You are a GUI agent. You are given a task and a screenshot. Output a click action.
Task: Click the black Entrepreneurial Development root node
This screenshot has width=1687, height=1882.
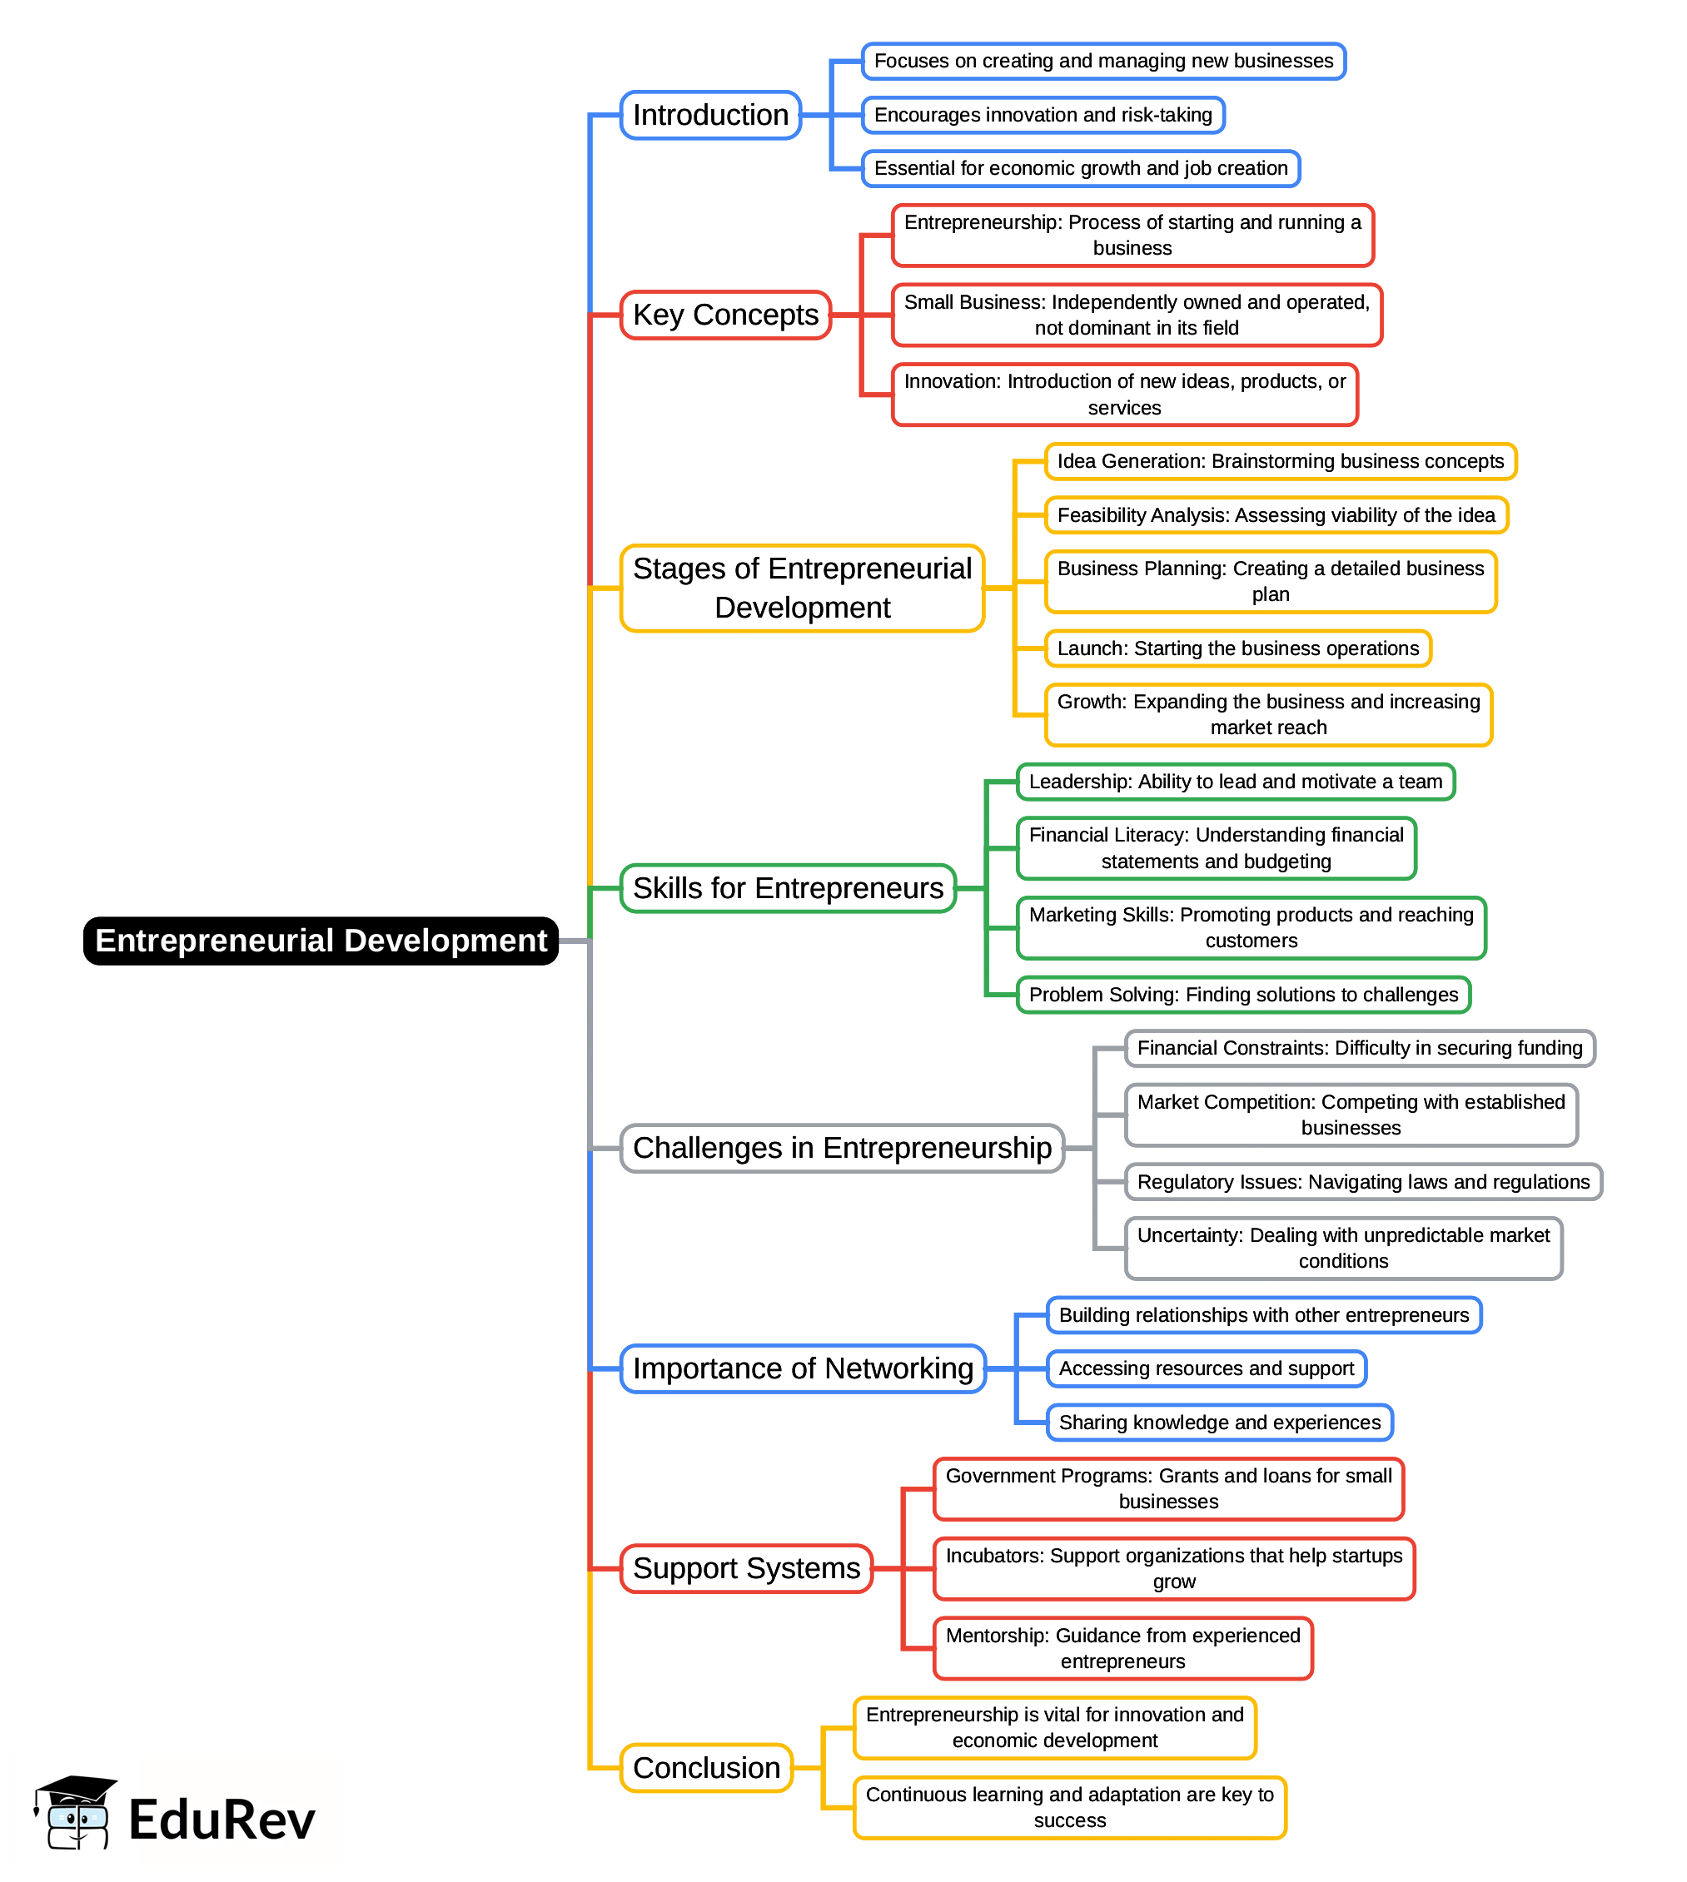click(x=321, y=941)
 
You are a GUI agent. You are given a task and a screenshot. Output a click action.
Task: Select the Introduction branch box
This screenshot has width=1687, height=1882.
click(x=710, y=115)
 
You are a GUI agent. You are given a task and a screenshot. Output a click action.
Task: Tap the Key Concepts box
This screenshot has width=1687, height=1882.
click(x=725, y=315)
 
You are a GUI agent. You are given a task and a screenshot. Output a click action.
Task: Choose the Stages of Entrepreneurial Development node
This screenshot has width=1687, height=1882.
click(x=802, y=588)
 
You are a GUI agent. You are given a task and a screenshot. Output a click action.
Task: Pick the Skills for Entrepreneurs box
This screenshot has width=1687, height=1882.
click(x=788, y=887)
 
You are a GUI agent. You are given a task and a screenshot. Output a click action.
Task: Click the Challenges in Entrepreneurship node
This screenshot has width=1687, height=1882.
click(x=842, y=1148)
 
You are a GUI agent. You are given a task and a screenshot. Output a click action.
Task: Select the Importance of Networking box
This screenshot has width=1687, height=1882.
click(x=803, y=1368)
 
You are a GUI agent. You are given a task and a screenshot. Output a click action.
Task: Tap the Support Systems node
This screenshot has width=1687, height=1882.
click(x=746, y=1569)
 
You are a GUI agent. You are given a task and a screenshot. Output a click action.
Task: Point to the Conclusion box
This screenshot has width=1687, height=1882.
click(x=706, y=1768)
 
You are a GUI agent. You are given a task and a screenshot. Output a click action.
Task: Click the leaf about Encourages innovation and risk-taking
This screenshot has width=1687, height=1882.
click(x=1043, y=115)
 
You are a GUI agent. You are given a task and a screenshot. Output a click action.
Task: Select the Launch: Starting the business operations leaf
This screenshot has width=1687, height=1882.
click(x=1237, y=648)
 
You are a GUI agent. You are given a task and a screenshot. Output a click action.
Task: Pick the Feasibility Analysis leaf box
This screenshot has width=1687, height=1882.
click(x=1276, y=515)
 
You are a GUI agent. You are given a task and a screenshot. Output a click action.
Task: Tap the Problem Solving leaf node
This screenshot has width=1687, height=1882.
click(x=1243, y=996)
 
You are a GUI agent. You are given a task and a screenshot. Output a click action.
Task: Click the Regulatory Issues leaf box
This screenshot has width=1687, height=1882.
click(x=1362, y=1183)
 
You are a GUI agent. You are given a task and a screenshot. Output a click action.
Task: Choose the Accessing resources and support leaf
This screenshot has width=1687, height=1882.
click(x=1206, y=1368)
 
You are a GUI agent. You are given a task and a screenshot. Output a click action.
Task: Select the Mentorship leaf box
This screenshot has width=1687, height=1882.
click(x=1122, y=1648)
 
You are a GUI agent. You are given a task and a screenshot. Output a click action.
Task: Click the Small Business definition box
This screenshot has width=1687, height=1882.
click(x=1137, y=315)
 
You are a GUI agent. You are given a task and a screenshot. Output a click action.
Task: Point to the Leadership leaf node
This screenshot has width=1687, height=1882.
click(x=1235, y=782)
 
